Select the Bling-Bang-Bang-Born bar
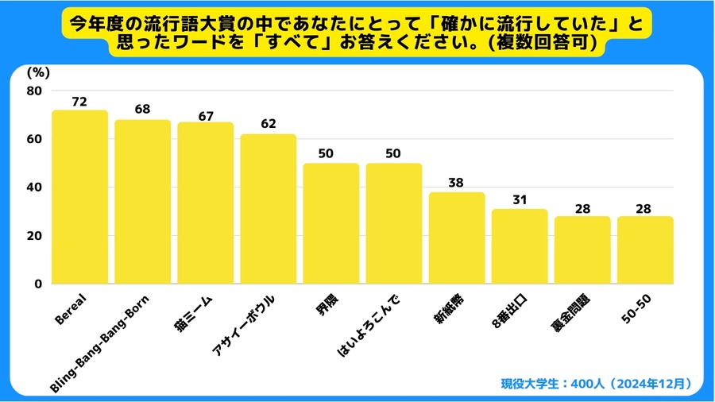pyautogui.click(x=142, y=202)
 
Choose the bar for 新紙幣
pyautogui.click(x=457, y=238)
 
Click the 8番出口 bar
pyautogui.click(x=520, y=246)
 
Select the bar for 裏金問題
pyautogui.click(x=582, y=250)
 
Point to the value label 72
pyautogui.click(x=79, y=102)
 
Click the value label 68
pyautogui.click(x=142, y=110)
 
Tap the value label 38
pyautogui.click(x=457, y=182)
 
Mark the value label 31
pyautogui.click(x=520, y=199)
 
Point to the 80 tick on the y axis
pyautogui.click(x=34, y=91)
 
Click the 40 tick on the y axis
pyautogui.click(x=34, y=187)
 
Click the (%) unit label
pyautogui.click(x=38, y=72)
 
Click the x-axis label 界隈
pyautogui.click(x=323, y=307)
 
